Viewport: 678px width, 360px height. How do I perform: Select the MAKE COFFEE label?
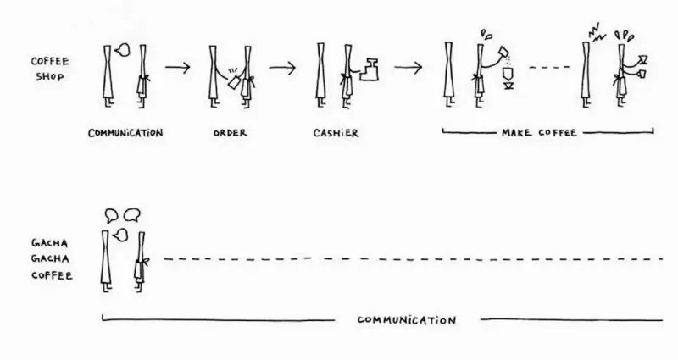point(547,133)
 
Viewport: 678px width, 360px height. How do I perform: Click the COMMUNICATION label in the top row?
point(125,133)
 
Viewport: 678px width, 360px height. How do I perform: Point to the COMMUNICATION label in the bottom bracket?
point(407,320)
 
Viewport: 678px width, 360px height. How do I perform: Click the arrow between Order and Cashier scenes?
point(283,67)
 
